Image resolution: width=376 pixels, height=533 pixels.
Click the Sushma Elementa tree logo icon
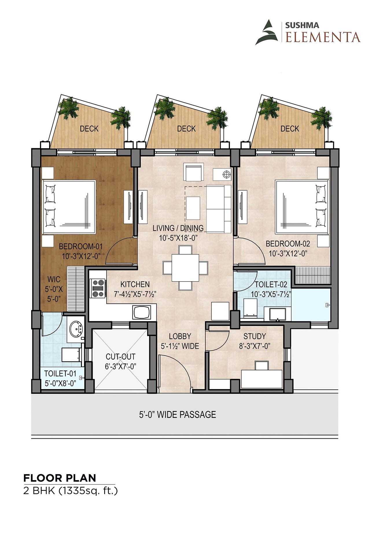tap(267, 32)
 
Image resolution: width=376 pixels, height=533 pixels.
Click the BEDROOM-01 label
tap(81, 247)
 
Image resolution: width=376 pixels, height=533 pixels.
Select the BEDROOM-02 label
tap(288, 244)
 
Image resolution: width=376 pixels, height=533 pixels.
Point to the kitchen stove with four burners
tap(98, 288)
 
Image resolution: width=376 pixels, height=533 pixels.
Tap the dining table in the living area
tap(185, 268)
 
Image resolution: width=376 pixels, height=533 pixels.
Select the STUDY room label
tap(255, 336)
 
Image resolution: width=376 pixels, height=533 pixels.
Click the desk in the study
tap(262, 379)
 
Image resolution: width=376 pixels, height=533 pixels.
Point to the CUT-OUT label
tap(121, 357)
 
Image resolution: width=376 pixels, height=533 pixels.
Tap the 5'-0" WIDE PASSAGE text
tap(178, 415)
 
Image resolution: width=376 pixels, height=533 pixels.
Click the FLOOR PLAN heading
tap(60, 478)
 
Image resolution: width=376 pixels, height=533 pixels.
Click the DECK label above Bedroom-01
tap(89, 129)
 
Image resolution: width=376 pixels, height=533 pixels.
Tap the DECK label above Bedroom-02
tap(290, 129)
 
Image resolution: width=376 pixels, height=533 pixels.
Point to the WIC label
tap(54, 280)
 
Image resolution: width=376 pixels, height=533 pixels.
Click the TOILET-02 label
tap(271, 284)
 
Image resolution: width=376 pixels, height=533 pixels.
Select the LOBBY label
tap(180, 336)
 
